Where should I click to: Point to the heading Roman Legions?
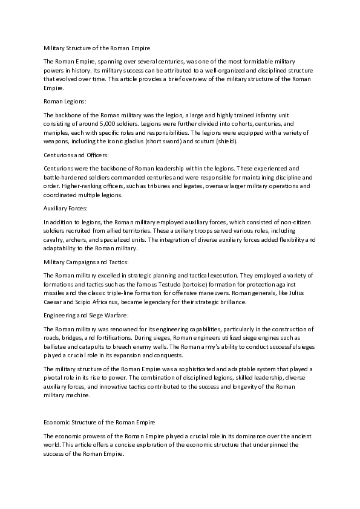65,101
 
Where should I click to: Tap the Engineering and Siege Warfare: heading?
86,315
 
